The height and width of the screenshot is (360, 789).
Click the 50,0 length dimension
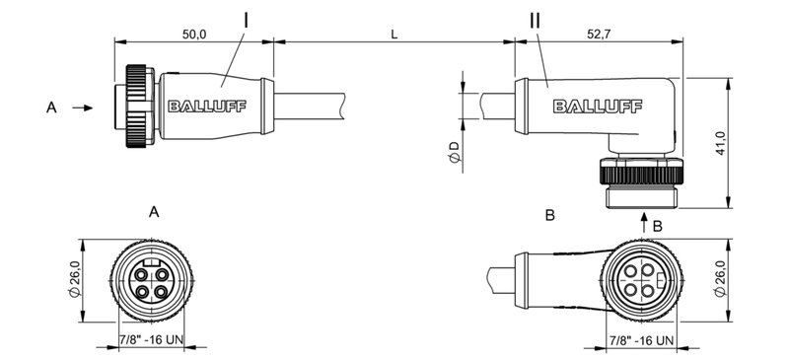click(193, 35)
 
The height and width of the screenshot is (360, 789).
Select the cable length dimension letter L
click(394, 35)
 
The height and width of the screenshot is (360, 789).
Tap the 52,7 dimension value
click(599, 35)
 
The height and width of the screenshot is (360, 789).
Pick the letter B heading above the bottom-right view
click(550, 214)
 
